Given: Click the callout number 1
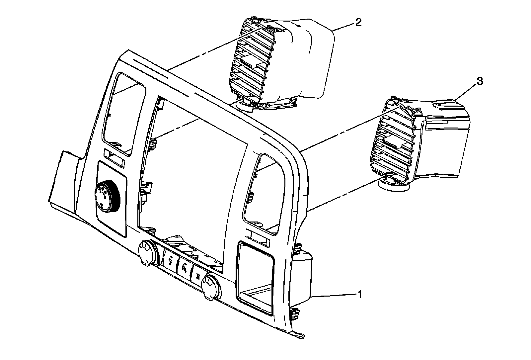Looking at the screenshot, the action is [x=359, y=294].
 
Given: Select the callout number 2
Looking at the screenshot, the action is [x=358, y=23].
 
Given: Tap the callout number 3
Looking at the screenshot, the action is [x=480, y=81].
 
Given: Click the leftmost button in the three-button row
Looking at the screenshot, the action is [x=170, y=259].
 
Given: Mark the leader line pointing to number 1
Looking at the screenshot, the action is [x=335, y=295].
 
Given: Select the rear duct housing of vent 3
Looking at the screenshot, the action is [x=445, y=139].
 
